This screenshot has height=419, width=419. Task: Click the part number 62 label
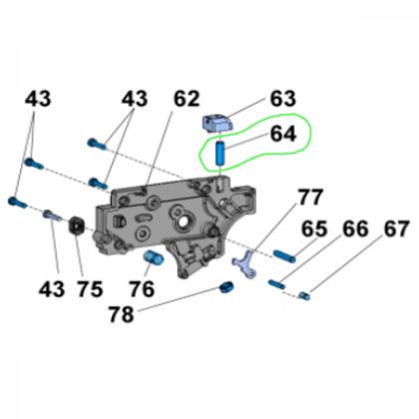pyautogui.click(x=187, y=99)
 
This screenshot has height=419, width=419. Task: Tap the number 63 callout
pyautogui.click(x=282, y=99)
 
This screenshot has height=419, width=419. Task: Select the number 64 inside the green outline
pyautogui.click(x=282, y=134)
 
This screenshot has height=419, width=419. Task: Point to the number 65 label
pyautogui.click(x=314, y=228)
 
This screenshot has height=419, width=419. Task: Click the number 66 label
pyautogui.click(x=355, y=228)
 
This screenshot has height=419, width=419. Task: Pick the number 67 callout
pyautogui.click(x=396, y=228)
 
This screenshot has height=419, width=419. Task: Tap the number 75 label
pyautogui.click(x=91, y=288)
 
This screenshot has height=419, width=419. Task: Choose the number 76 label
pyautogui.click(x=142, y=288)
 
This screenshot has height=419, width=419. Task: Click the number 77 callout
pyautogui.click(x=310, y=197)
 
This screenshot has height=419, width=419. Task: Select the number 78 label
pyautogui.click(x=122, y=314)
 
